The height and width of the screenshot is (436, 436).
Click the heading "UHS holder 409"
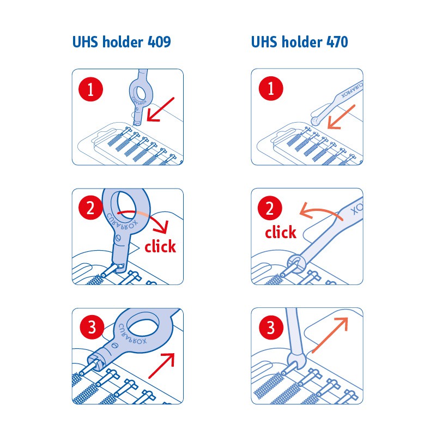122,42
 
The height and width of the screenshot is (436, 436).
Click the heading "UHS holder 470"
299,42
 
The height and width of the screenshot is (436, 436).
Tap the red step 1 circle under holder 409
90,89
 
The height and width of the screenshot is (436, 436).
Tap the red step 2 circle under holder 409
90,208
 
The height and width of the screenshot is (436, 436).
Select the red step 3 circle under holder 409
92,327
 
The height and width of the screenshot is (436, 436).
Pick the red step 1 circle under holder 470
271,88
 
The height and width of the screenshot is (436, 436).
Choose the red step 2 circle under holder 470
270,208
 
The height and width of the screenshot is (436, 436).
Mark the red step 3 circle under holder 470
271,328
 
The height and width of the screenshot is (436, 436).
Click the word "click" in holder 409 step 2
160,246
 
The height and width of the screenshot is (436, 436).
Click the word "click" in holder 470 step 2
281,232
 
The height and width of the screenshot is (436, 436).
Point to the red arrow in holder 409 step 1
160,110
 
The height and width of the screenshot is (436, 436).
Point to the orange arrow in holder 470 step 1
341,117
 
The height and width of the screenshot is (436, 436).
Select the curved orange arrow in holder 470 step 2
320,210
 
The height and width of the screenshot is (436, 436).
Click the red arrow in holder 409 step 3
161,366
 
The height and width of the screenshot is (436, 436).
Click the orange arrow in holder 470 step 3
330,335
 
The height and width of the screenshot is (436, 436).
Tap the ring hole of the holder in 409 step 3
143,323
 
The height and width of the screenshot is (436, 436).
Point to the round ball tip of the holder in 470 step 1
315,121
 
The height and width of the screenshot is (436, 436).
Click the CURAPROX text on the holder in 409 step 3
132,334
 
